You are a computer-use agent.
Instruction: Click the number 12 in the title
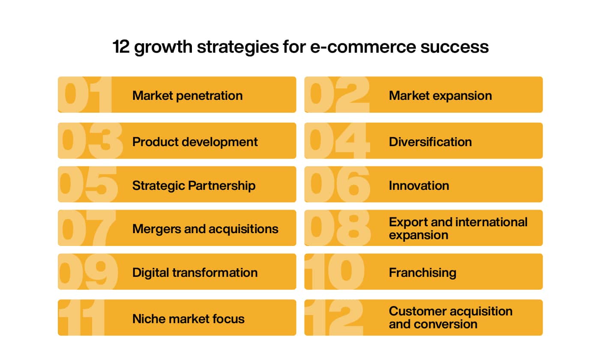click(x=121, y=47)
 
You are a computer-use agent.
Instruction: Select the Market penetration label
click(x=187, y=95)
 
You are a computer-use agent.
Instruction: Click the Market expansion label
click(x=440, y=95)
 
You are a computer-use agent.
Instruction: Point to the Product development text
click(x=195, y=141)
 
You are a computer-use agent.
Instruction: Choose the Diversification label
click(x=430, y=141)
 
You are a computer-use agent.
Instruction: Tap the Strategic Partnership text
click(x=194, y=185)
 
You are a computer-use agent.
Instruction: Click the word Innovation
click(x=419, y=185)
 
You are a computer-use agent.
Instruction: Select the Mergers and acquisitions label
click(x=205, y=229)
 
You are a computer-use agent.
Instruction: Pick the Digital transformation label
click(x=195, y=273)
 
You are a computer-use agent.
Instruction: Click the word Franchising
click(x=422, y=273)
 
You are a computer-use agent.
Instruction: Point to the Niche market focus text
click(x=188, y=318)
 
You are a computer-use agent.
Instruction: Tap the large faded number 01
click(x=85, y=95)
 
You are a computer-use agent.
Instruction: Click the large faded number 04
click(x=338, y=141)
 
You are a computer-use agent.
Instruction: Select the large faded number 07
click(x=87, y=228)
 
